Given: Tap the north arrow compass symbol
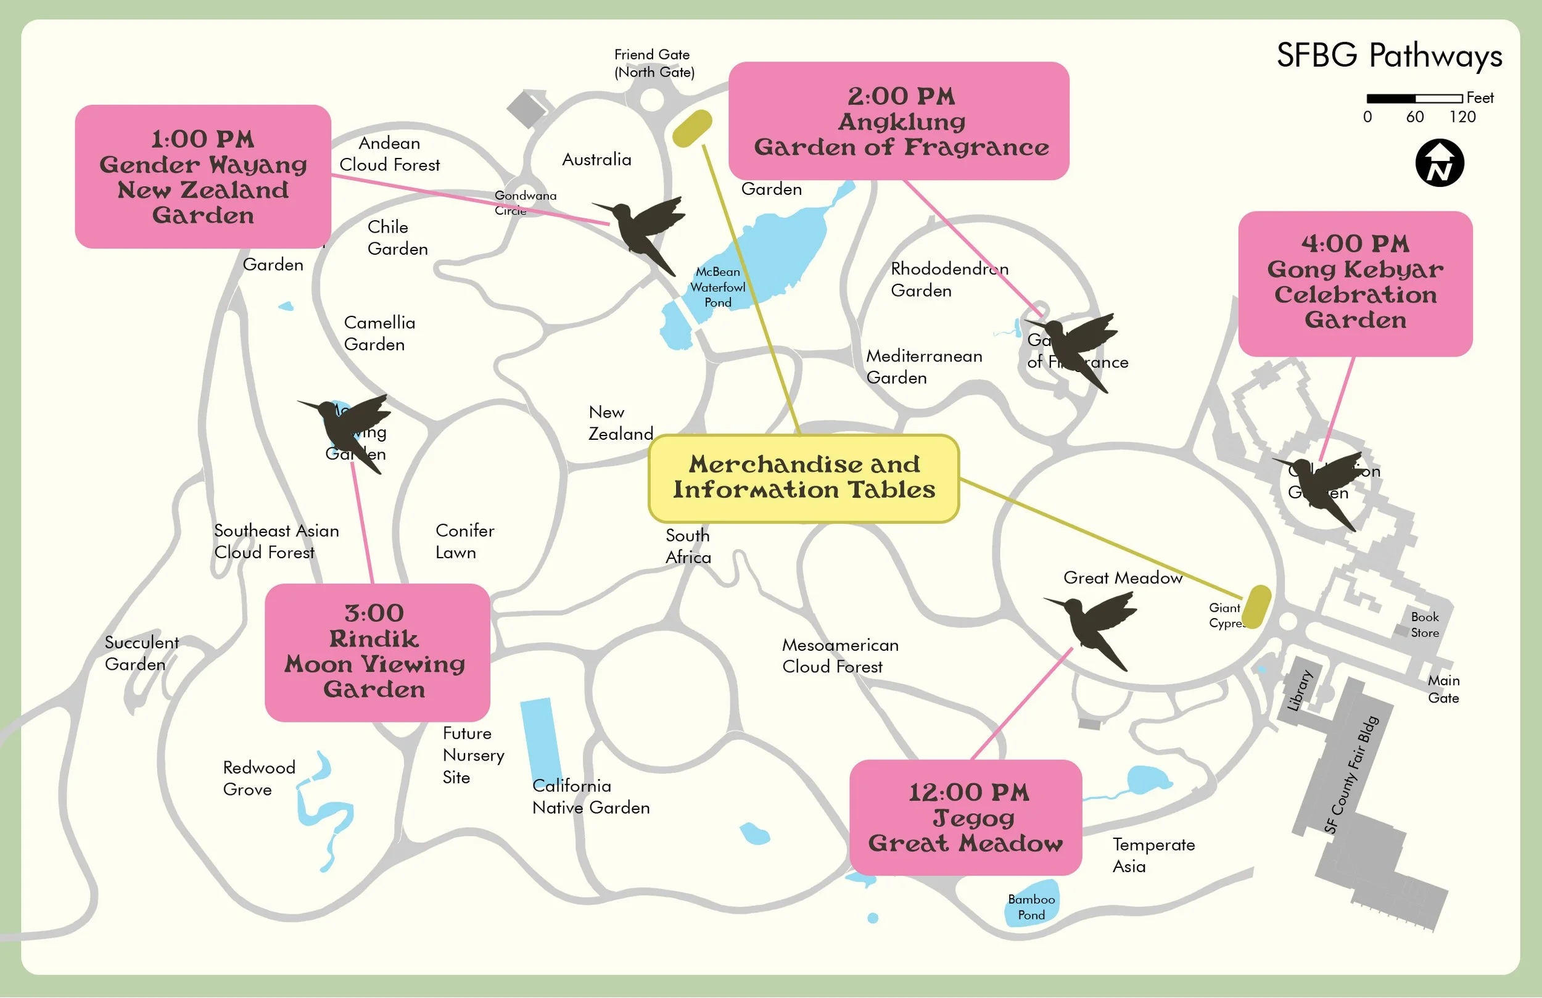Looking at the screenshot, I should coord(1439,163).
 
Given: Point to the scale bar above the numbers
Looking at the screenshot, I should coord(1414,99).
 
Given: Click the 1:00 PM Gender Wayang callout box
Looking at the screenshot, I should coord(203,176).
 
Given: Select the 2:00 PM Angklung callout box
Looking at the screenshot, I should coord(899,121).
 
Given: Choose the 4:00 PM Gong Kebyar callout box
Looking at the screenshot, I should coord(1354,283).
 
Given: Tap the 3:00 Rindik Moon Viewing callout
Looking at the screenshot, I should coord(376,652).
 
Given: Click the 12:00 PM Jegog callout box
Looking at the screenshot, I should coord(965,817).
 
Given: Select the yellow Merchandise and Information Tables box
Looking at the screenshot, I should coord(804,478).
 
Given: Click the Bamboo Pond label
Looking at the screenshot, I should coord(1031,907).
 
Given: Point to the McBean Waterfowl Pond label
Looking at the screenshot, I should coord(717,287).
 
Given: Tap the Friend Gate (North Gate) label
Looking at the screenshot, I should coord(654,64).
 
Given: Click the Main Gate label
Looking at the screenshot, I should coord(1443,689).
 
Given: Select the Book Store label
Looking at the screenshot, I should coord(1424,625).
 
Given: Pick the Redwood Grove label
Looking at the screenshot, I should coord(258,778).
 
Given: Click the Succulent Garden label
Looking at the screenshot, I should coord(141,653).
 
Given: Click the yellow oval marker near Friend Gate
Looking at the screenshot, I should coord(692,128).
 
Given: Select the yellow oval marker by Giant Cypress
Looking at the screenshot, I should coord(1257,606).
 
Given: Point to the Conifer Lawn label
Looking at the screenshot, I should coord(464,541).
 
